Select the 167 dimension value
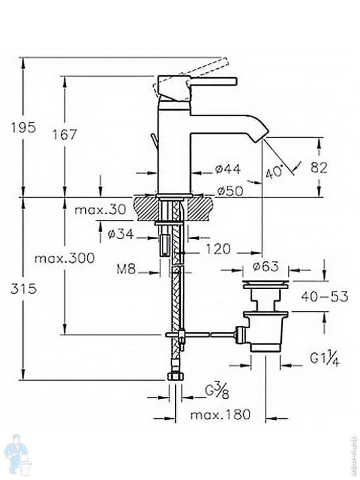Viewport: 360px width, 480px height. click(x=65, y=134)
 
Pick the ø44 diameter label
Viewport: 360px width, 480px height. click(x=228, y=170)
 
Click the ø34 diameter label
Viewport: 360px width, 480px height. click(x=122, y=235)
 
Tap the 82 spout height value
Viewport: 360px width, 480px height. click(x=319, y=168)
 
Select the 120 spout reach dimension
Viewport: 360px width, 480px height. click(x=218, y=249)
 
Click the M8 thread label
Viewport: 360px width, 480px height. click(x=126, y=269)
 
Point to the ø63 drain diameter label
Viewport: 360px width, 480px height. click(x=266, y=266)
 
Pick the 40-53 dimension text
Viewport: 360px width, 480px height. click(x=324, y=297)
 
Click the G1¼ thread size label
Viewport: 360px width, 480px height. click(x=324, y=360)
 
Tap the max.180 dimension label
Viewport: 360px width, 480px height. click(x=220, y=415)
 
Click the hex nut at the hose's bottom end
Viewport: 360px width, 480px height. click(x=175, y=376)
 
